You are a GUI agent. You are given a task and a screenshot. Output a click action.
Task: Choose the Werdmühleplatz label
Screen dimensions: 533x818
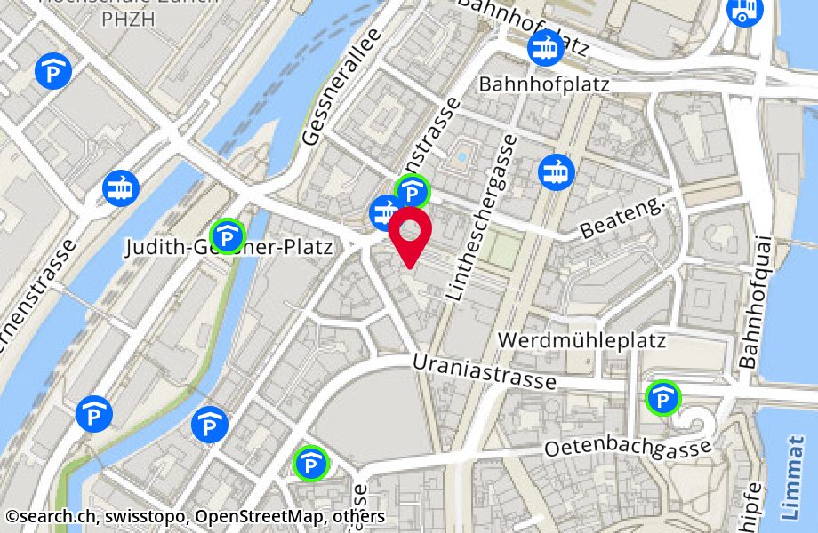pos(582,340)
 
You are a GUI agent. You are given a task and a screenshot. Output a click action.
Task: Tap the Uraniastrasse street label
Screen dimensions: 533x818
pos(485,372)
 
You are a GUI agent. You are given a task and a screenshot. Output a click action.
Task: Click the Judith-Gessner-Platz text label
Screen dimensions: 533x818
pos(229,248)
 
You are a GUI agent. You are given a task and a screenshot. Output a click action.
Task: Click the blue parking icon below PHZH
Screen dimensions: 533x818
pos(52,71)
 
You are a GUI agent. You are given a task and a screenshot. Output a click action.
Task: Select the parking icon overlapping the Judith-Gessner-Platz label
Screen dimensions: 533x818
pos(229,236)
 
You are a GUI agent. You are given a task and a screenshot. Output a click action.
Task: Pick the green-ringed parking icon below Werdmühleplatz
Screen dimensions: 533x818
pos(662,398)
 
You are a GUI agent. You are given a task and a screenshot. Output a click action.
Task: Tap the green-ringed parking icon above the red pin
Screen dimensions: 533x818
pos(413,190)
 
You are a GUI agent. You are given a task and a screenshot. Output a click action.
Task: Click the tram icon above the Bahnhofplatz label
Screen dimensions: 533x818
pos(544,47)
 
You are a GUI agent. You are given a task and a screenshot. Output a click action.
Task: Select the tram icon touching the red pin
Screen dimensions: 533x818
pos(385,211)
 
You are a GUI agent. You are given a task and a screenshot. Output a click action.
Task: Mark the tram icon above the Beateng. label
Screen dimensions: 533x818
pos(557,171)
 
